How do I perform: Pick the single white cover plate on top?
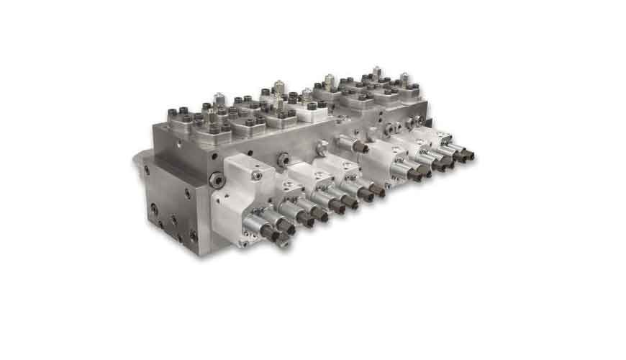311,109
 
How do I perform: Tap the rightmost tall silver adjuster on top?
404,77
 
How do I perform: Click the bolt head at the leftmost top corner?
172,113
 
